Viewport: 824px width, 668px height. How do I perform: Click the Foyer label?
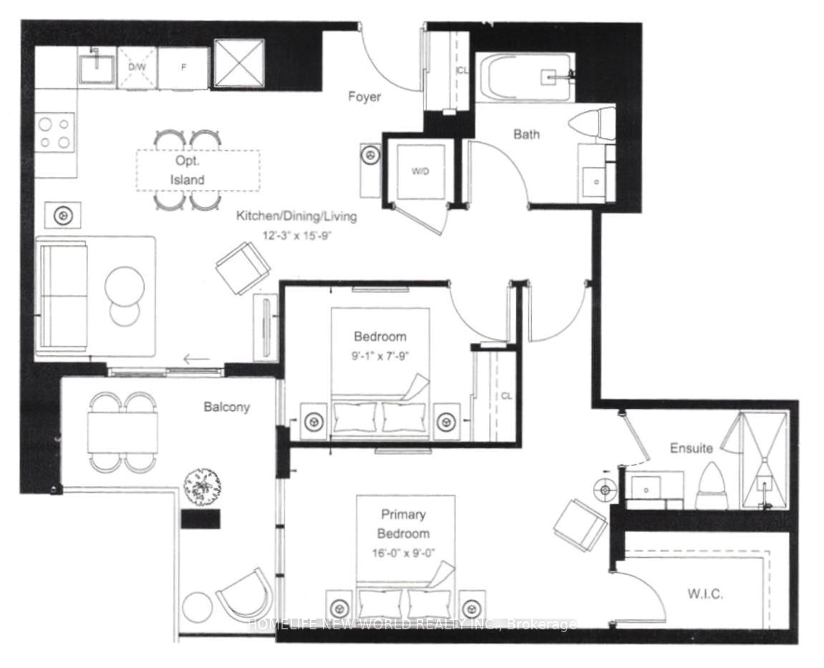tap(364, 97)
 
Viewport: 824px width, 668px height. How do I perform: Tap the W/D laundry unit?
tap(419, 171)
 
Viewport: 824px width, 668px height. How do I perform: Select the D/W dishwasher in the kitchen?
tap(136, 67)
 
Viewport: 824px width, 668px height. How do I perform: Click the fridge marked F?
tap(183, 68)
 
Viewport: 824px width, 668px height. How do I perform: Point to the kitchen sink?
tap(95, 68)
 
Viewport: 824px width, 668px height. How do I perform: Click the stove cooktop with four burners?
tap(54, 132)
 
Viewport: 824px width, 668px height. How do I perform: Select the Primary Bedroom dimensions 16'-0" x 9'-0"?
tap(404, 552)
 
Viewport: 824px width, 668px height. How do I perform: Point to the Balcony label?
tap(227, 407)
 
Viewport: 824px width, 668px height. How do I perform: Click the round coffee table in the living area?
tap(125, 287)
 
